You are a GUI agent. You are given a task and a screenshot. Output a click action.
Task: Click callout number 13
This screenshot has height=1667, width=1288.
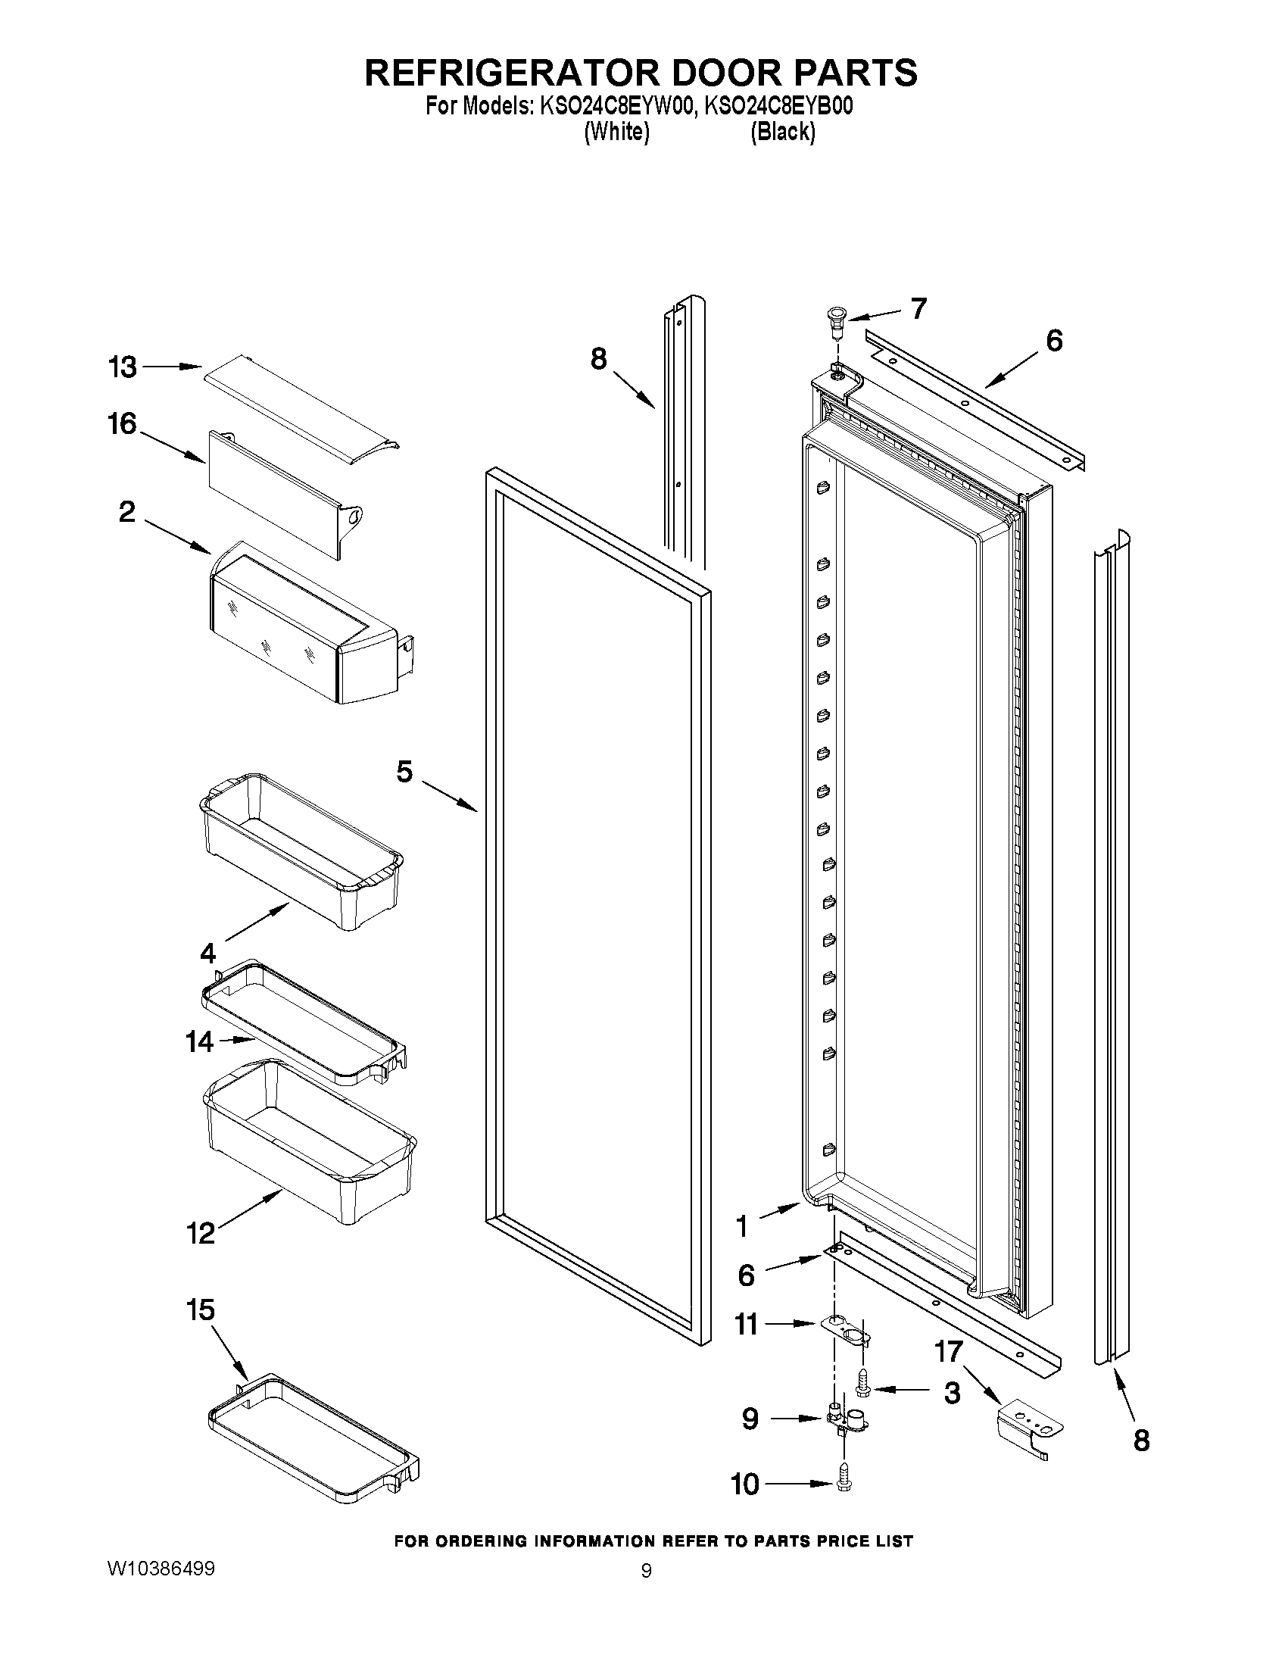(121, 367)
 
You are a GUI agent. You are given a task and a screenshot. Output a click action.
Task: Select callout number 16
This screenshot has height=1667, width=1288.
(121, 424)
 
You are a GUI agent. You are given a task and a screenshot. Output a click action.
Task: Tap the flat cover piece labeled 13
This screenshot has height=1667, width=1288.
(301, 410)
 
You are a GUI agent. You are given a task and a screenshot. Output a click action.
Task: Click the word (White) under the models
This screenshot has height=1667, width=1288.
(616, 132)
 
